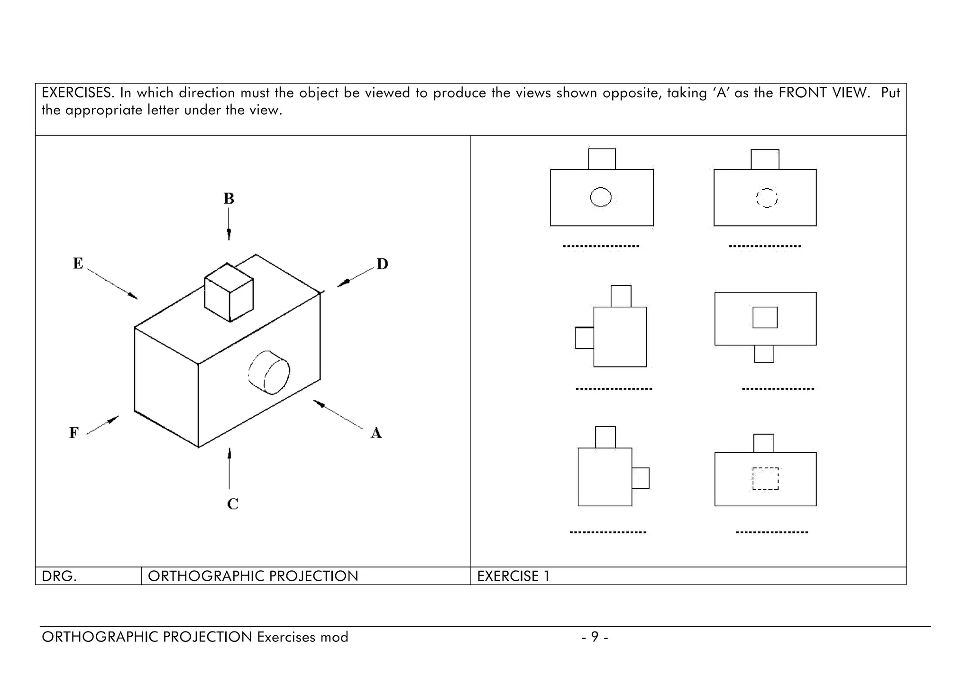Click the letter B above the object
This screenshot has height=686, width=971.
229,198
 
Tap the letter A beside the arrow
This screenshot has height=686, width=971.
376,433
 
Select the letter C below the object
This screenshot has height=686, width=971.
232,503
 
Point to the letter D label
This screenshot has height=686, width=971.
382,264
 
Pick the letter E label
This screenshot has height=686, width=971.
78,263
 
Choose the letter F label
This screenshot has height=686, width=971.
73,433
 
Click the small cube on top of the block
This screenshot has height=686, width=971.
229,293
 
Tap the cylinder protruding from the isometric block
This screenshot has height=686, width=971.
269,373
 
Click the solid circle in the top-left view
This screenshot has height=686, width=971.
600,197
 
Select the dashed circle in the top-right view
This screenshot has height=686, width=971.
766,198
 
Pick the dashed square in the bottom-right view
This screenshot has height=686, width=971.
765,479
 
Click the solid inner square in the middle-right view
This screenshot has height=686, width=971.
765,318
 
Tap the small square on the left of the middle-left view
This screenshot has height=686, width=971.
584,338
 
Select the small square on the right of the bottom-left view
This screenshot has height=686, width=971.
641,478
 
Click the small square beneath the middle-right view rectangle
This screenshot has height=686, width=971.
764,354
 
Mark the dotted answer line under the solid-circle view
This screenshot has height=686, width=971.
601,246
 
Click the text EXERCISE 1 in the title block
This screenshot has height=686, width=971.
513,576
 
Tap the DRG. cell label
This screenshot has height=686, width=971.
59,576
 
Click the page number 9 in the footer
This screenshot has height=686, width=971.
595,637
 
